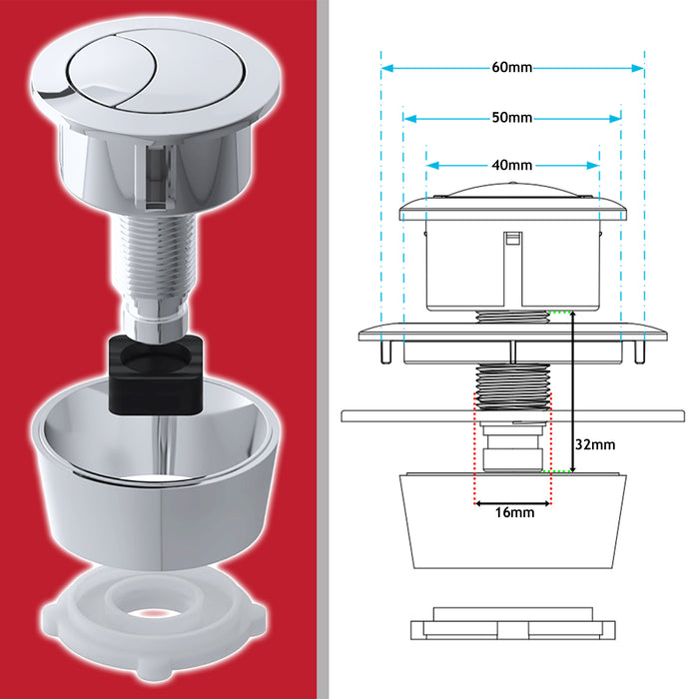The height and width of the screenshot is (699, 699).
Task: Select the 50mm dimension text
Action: (512, 118)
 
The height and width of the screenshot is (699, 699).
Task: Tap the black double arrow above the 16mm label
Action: (512, 503)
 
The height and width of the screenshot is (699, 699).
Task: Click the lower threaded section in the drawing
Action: (512, 384)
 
